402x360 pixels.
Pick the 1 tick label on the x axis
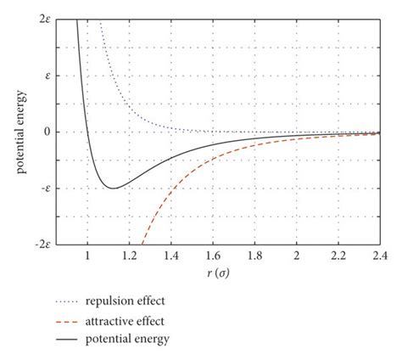[x=87, y=255]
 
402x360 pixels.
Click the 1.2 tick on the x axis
[x=129, y=255]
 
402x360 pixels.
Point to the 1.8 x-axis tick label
[x=254, y=255]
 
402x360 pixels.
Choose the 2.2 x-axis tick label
[x=338, y=255]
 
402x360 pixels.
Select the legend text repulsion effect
[x=138, y=301]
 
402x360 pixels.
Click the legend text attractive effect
[x=137, y=321]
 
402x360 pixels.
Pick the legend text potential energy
[x=137, y=340]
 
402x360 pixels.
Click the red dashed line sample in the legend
[x=74, y=321]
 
